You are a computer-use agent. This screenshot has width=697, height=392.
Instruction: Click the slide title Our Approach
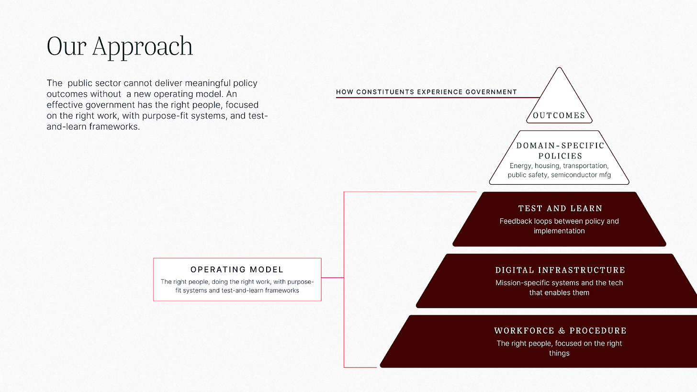pyautogui.click(x=120, y=46)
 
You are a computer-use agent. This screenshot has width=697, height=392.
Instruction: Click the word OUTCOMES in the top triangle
pyautogui.click(x=559, y=115)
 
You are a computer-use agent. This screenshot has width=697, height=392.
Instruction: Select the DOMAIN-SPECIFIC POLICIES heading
pyautogui.click(x=560, y=150)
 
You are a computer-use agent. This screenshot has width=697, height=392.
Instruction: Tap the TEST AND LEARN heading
pyautogui.click(x=560, y=208)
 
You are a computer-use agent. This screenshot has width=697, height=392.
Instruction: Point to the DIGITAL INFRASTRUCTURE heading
pyautogui.click(x=560, y=270)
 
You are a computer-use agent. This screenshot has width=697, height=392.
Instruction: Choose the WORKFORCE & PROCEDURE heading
pyautogui.click(x=560, y=331)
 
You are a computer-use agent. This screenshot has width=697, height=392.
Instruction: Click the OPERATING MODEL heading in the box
pyautogui.click(x=237, y=269)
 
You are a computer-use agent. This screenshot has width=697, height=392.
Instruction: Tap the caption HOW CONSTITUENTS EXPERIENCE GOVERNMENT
pyautogui.click(x=427, y=92)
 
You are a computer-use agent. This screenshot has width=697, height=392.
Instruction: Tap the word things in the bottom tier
pyautogui.click(x=559, y=353)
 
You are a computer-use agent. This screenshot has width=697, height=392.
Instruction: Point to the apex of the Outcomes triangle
pyautogui.click(x=559, y=68)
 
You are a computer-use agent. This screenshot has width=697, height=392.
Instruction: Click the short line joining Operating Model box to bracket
pyautogui.click(x=332, y=278)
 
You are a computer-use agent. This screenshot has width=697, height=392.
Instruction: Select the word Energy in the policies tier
pyautogui.click(x=521, y=166)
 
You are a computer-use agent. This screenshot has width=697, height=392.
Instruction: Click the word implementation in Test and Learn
pyautogui.click(x=559, y=231)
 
